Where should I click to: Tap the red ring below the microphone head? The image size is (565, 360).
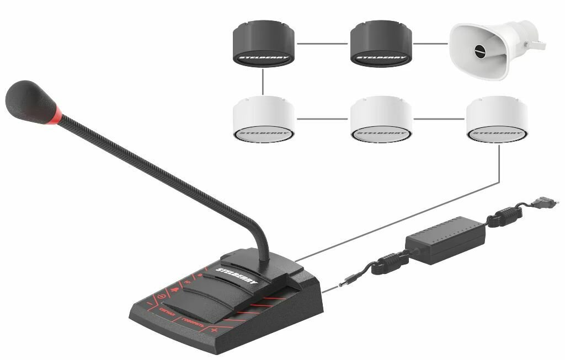coord(57,116)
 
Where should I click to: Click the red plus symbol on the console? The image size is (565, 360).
coord(214,330)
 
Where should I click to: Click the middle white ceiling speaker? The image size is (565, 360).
coord(381,119)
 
